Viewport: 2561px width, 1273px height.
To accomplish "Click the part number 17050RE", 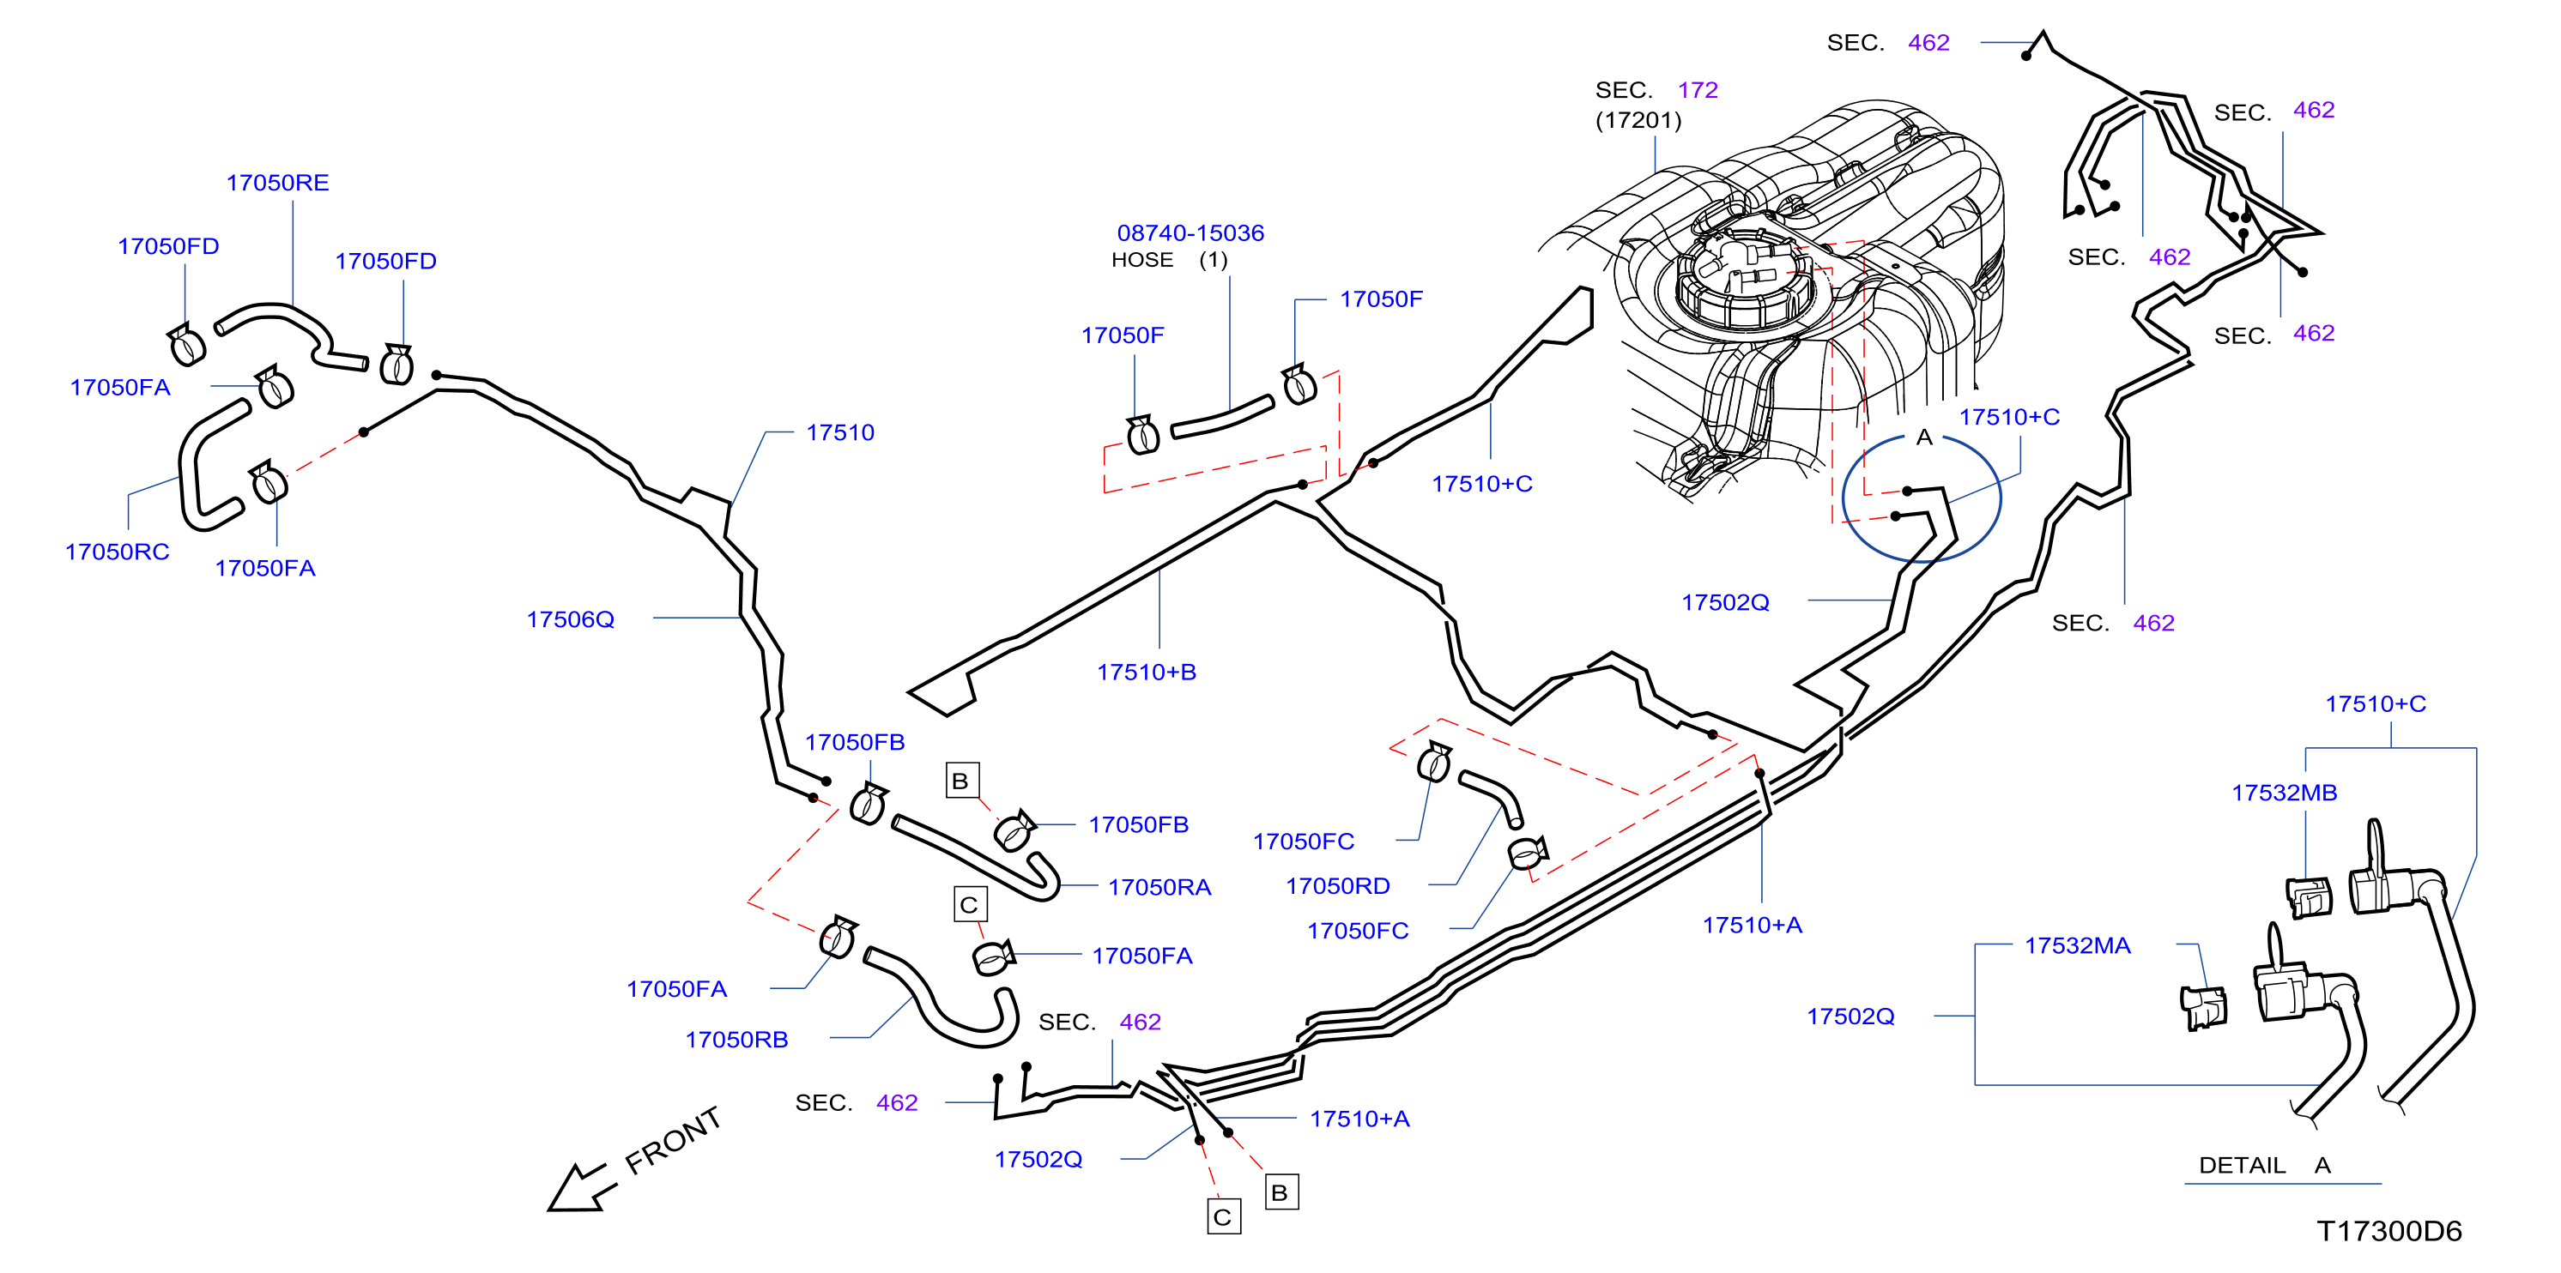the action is [277, 183].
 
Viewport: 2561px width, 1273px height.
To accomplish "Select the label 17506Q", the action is [571, 620].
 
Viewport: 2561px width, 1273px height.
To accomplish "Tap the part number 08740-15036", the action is [1190, 233].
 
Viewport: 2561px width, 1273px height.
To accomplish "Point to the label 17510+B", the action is [1147, 673].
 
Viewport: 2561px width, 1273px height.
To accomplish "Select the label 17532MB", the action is [2284, 793].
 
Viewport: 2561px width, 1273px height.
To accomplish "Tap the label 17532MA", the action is [2077, 946].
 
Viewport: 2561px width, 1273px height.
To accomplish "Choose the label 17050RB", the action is [736, 1041].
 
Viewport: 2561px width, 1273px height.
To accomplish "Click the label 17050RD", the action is [1337, 886].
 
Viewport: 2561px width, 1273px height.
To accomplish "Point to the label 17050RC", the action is [118, 552].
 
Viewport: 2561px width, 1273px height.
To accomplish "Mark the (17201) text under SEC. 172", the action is [1638, 120].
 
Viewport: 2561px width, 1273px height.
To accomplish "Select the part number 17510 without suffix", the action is [840, 433].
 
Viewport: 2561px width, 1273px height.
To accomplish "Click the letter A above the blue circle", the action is [1923, 437].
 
